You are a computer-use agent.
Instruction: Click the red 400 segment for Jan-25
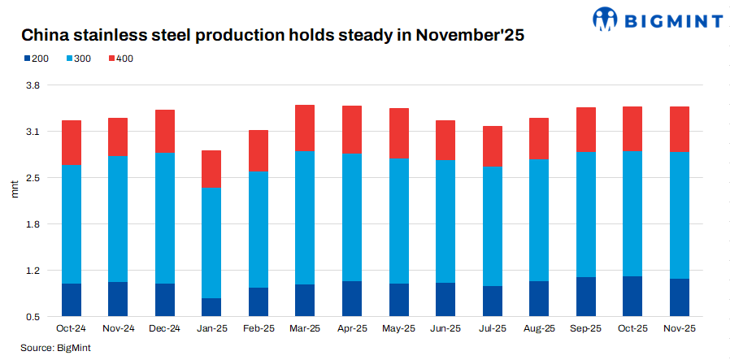(x=211, y=169)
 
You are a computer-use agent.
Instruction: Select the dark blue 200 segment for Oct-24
(x=71, y=300)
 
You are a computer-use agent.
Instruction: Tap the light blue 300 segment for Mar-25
(x=305, y=217)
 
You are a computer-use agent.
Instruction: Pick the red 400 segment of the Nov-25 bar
(x=680, y=129)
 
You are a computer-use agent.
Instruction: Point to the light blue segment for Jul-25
(x=493, y=226)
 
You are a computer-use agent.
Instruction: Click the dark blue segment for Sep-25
(x=586, y=297)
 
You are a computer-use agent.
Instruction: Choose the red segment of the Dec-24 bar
(x=165, y=131)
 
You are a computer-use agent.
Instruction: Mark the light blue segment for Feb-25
(x=259, y=229)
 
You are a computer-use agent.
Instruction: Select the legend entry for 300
(x=78, y=59)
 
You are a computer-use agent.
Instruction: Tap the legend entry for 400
(x=119, y=59)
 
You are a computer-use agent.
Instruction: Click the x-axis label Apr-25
(x=352, y=328)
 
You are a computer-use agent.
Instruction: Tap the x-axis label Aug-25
(x=539, y=328)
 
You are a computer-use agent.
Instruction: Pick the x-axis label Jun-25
(x=445, y=328)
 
